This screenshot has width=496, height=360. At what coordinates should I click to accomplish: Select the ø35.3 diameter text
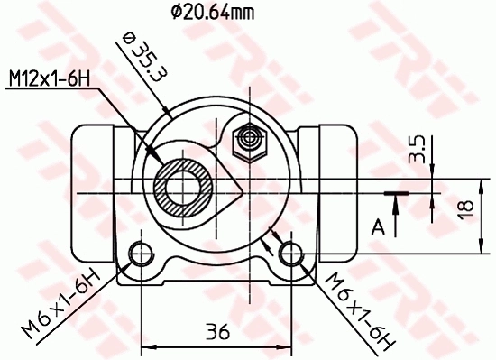coord(141,60)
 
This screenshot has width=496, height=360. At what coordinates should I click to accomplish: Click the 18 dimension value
coord(466,209)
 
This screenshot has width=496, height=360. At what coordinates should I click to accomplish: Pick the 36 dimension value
coord(215,330)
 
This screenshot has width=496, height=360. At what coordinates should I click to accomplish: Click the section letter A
coord(379,225)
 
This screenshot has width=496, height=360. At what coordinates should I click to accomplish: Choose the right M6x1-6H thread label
coord(358,312)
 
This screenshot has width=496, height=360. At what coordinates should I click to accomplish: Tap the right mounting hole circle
coord(290,252)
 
